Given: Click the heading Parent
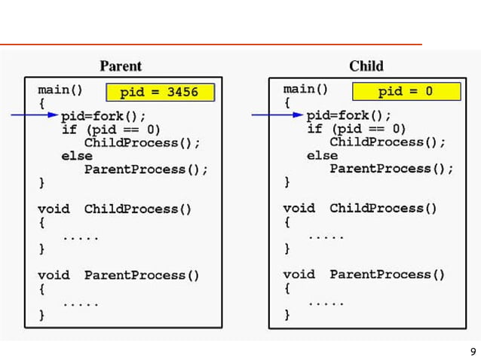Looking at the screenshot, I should coord(121,66).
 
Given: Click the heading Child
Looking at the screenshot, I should coord(366,66).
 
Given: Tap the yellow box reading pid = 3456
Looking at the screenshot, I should coord(160,93).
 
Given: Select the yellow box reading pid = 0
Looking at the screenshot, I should coord(406,92).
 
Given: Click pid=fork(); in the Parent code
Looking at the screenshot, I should coord(103,116).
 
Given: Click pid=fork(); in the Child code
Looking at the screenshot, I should coord(349,116).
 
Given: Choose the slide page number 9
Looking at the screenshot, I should coord(473,351).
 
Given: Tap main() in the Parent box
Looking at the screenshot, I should coord(60,90).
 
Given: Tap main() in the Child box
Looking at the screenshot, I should coord(306,89).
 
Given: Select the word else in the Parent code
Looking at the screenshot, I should coord(77,156).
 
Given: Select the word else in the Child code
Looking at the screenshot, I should coord(323,155).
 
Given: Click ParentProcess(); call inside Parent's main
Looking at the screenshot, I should coord(146,169).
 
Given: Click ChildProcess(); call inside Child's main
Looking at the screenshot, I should coord(388,142).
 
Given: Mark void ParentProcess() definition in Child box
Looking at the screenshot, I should coord(364,275).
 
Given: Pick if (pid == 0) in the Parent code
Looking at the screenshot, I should coord(111,130).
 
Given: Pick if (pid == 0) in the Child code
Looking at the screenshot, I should coord(357,129).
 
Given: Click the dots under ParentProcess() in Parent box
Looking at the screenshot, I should coord(81,304).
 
